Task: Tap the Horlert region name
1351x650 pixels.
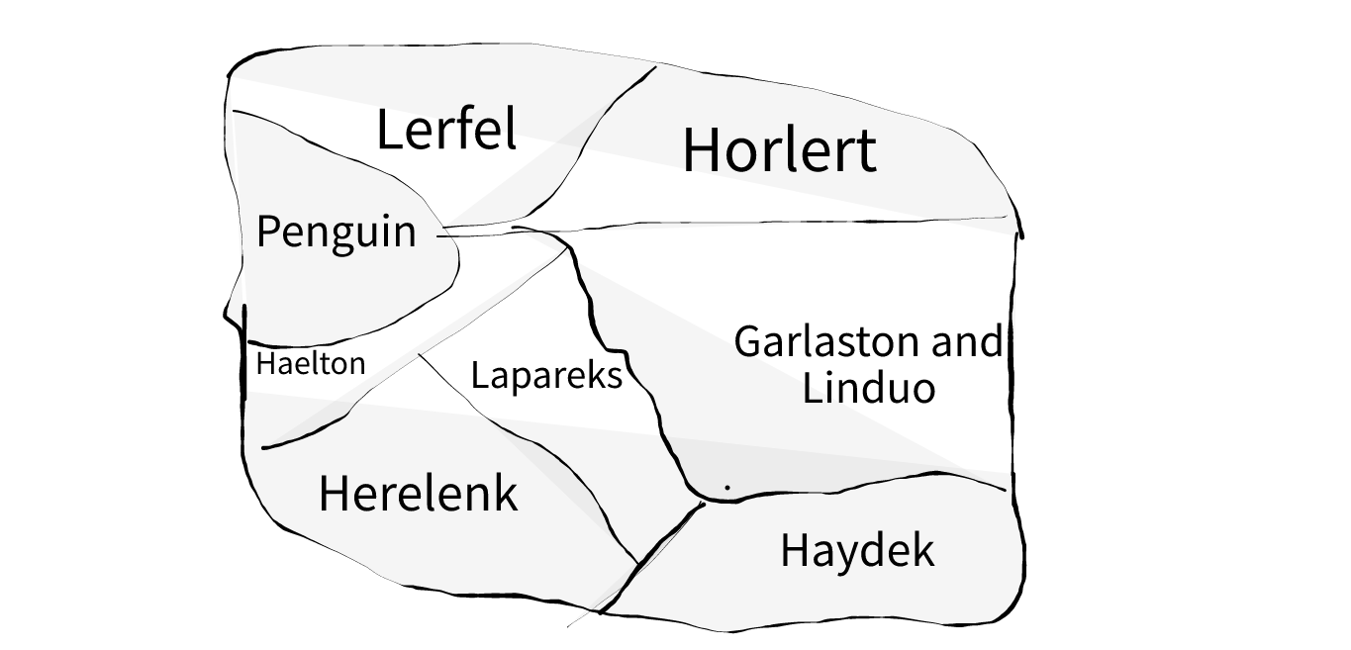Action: point(779,150)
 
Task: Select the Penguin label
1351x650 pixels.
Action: point(336,232)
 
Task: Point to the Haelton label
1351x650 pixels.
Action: point(310,364)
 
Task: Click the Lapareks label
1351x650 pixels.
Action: point(546,376)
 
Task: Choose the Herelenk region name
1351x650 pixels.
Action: point(418,493)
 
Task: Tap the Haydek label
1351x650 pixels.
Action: point(857,550)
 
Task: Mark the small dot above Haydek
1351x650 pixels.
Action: point(727,487)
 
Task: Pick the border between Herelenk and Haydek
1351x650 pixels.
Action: point(663,545)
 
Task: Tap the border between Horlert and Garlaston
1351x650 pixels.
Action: point(792,223)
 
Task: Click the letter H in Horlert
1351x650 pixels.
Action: point(700,150)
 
